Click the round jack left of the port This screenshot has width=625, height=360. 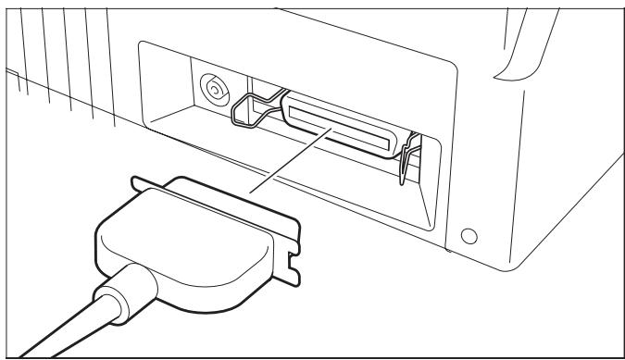pos(215,91)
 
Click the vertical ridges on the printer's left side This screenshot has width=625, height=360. pos(56,56)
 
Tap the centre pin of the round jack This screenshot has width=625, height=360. pos(215,91)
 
